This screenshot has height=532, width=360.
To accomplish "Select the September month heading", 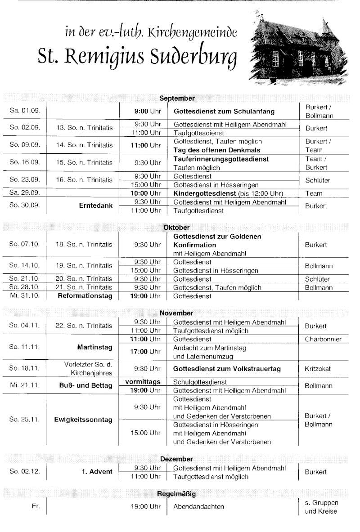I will point(177,98).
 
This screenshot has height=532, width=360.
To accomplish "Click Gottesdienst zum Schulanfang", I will point(224,112).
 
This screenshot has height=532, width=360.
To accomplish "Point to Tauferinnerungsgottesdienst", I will point(221,159).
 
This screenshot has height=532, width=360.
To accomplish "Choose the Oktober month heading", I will point(176,228).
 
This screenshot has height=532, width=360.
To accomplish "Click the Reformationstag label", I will point(85,296).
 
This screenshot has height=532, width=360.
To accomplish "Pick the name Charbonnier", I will point(323,339).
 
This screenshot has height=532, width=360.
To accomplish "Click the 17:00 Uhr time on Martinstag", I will point(145,351).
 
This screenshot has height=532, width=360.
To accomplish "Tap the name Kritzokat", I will point(318,369).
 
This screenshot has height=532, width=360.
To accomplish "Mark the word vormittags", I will point(143,381).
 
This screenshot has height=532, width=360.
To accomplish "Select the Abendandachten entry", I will point(198,507).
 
